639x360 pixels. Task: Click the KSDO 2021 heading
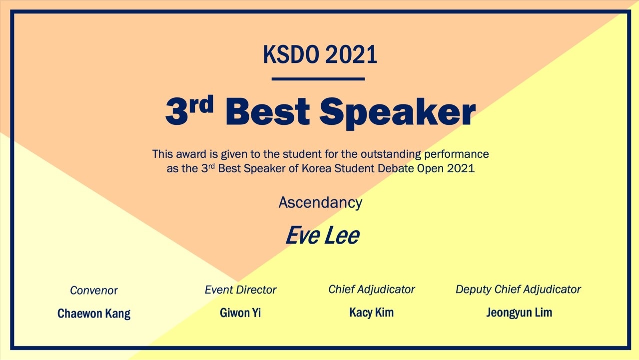[320, 54]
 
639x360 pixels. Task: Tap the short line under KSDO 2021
[318, 79]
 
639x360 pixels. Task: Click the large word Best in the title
[268, 111]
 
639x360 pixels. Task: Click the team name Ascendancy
[320, 203]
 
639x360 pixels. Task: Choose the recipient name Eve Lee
[322, 235]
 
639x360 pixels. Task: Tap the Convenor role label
[93, 291]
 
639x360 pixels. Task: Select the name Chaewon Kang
[94, 314]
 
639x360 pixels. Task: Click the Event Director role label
[240, 290]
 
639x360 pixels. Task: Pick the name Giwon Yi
[240, 313]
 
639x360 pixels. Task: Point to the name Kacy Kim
[371, 313]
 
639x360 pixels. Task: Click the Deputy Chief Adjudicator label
[518, 290]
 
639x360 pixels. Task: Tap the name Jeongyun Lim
[519, 313]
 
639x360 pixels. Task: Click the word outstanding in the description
[391, 154]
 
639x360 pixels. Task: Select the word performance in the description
[457, 154]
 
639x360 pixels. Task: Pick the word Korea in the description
[316, 168]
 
